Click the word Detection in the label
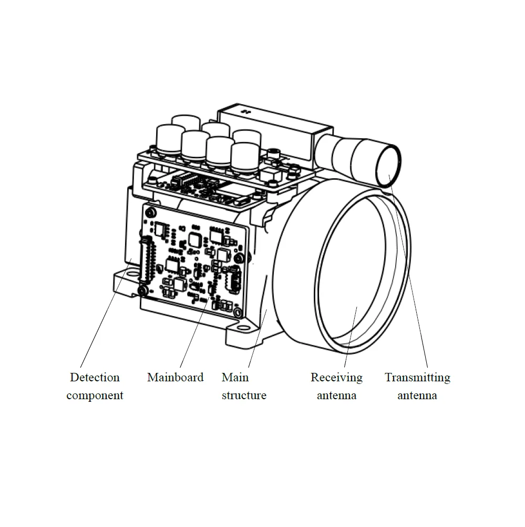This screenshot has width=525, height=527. pyautogui.click(x=95, y=378)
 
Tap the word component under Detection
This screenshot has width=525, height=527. pyautogui.click(x=95, y=396)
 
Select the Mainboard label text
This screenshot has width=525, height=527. pyautogui.click(x=175, y=378)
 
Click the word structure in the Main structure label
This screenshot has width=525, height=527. pyautogui.click(x=244, y=396)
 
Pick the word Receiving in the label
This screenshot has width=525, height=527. pyautogui.click(x=336, y=378)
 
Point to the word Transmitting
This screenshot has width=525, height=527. pyautogui.click(x=417, y=378)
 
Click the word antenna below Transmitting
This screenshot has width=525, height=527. pyautogui.click(x=417, y=396)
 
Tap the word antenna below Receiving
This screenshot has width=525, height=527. pyautogui.click(x=336, y=396)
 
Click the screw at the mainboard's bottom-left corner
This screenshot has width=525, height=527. pyautogui.click(x=142, y=291)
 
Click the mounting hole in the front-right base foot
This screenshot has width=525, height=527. pyautogui.click(x=243, y=328)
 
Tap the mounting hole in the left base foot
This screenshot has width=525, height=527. pyautogui.click(x=128, y=278)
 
